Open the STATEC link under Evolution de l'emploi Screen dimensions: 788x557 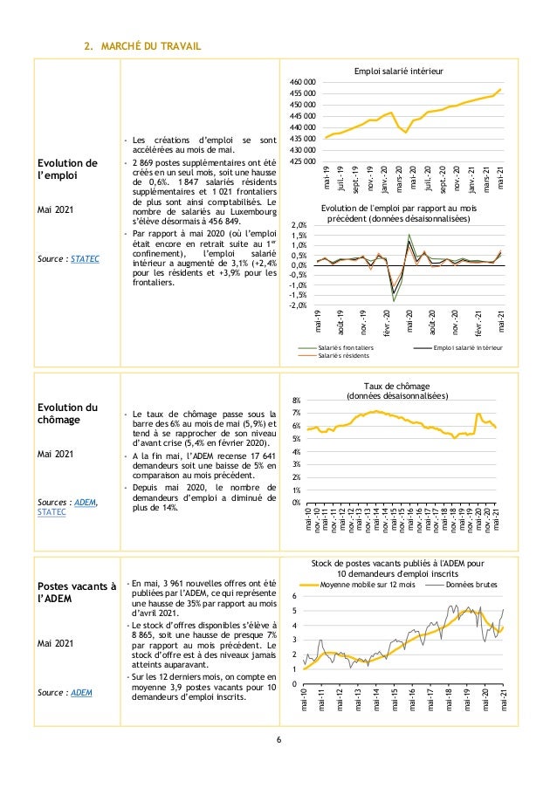pyautogui.click(x=85, y=259)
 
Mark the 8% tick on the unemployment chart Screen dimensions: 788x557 pyautogui.click(x=298, y=400)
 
